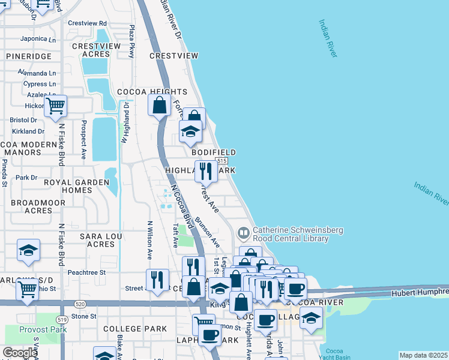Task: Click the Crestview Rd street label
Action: (87, 23)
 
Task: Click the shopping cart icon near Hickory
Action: (55, 106)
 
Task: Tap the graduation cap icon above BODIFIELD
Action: (190, 131)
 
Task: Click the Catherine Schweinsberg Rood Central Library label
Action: (291, 234)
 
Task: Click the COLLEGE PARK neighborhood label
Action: (134, 329)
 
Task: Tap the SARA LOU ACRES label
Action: (101, 240)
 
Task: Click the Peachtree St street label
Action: (86, 272)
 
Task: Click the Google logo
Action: (19, 353)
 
